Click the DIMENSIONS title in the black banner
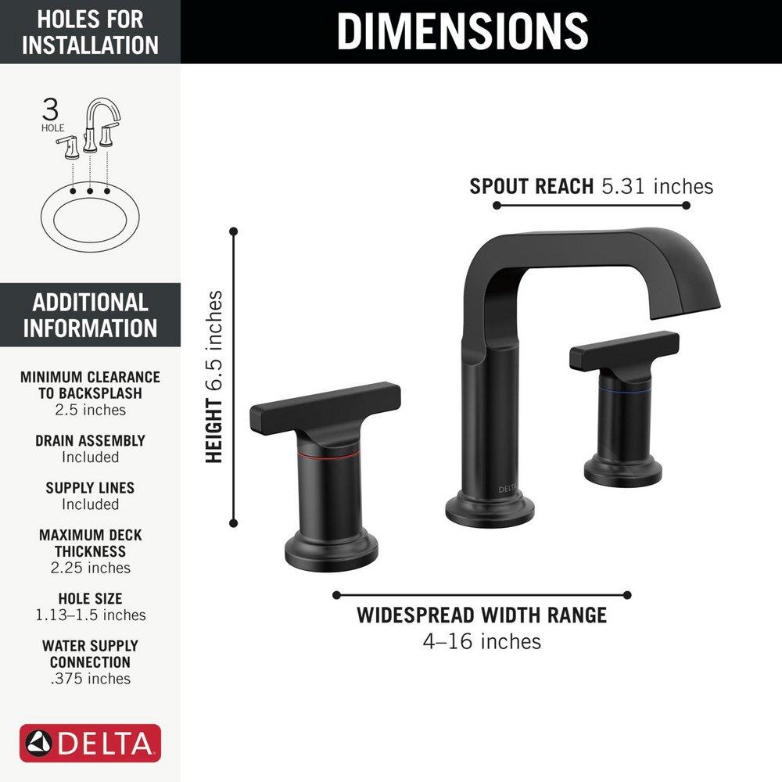click(x=462, y=31)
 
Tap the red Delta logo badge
click(x=91, y=743)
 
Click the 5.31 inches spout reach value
click(x=657, y=186)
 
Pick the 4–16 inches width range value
click(x=482, y=642)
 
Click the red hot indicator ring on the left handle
click(x=328, y=453)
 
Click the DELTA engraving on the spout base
click(x=508, y=489)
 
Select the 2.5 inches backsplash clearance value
click(x=90, y=410)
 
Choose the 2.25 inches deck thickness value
click(x=90, y=568)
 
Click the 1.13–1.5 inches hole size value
click(x=90, y=615)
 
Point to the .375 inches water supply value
click(x=90, y=679)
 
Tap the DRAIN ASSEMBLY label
click(x=90, y=441)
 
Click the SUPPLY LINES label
click(x=90, y=488)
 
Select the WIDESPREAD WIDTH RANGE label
click(x=482, y=615)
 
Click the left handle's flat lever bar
click(x=325, y=407)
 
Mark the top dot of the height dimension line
click(x=233, y=231)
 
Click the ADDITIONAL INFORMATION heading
click(x=90, y=314)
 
